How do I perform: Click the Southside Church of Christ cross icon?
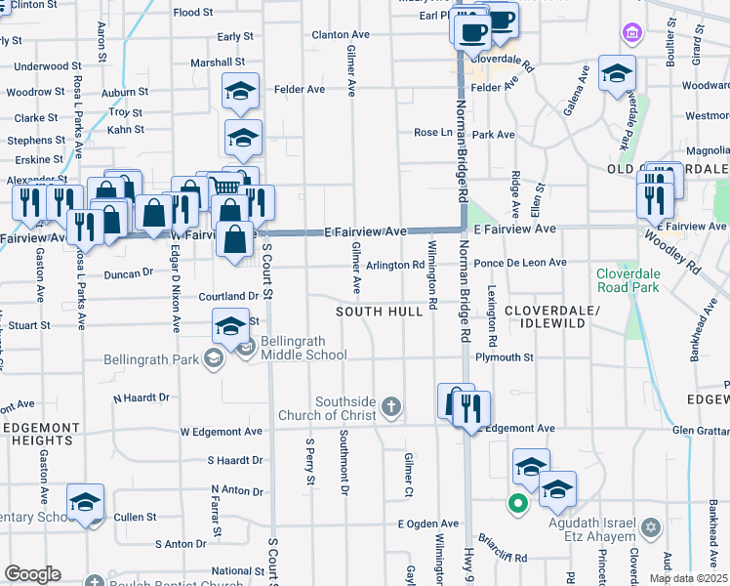391,406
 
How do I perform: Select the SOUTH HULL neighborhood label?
380,311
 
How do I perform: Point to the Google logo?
33,574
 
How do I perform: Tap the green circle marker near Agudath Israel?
517,504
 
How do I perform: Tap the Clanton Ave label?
340,34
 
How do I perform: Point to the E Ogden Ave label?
427,523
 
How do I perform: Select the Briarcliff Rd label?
503,545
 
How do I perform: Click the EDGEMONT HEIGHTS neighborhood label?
40,435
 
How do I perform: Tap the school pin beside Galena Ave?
617,74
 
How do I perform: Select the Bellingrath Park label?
151,358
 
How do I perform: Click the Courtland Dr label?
225,295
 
